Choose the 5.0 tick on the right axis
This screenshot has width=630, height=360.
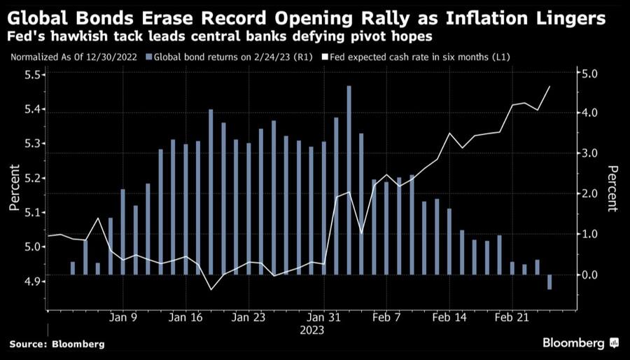[589, 73]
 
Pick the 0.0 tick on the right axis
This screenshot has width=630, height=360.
[589, 275]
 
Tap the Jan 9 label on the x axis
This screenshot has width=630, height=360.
[122, 317]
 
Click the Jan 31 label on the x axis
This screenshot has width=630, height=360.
[323, 317]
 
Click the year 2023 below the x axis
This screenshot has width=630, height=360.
[312, 329]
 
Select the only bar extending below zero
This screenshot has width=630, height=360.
[549, 282]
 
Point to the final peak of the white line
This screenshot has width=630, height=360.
[549, 87]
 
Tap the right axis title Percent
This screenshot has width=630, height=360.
[612, 188]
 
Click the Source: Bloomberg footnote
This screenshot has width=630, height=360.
[57, 344]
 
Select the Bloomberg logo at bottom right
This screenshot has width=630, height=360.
[580, 343]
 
